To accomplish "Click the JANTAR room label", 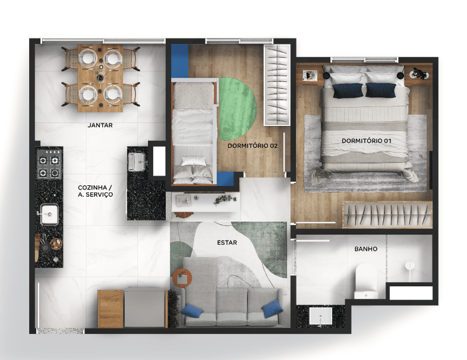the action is point(100,125).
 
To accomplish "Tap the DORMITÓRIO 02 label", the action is point(253,146).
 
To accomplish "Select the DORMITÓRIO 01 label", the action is point(366,141).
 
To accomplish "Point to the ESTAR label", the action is point(227,243).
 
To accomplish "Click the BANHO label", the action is point(366,249).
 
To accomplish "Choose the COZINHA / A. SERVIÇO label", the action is point(95,191).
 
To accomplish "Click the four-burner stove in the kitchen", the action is point(49,164).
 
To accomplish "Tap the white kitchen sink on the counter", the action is point(49,214).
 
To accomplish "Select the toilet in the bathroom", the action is point(366,280).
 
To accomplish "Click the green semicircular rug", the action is point(238,109).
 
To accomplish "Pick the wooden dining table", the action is point(100,78).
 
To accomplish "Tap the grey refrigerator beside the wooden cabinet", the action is point(145,307).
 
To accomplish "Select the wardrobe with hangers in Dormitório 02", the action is point(277,85).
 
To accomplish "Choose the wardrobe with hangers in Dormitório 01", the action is point(387,215).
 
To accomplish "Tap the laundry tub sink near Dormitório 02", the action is point(137,162).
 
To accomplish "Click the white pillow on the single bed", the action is point(194,161).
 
